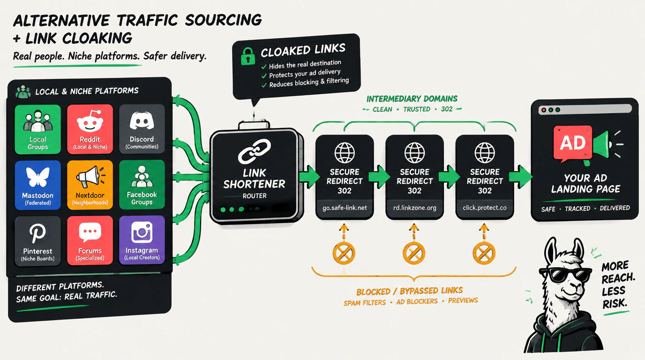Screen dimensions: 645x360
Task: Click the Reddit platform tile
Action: [90, 129]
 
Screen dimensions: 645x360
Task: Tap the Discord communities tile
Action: [142, 129]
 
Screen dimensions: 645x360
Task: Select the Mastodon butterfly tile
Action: [37, 185]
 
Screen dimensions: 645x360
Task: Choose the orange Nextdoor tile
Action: [90, 185]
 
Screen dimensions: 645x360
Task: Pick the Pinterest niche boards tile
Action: [37, 241]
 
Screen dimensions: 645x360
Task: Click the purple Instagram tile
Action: [142, 240]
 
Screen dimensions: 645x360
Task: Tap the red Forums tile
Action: [90, 240]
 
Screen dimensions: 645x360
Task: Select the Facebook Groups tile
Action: [142, 184]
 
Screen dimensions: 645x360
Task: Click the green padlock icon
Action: [247, 56]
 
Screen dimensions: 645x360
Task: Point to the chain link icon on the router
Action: [254, 151]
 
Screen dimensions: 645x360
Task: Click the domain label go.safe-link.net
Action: [345, 208]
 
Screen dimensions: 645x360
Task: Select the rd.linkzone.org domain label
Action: [415, 208]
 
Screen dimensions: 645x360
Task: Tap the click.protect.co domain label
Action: [485, 208]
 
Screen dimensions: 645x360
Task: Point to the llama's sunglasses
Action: [565, 275]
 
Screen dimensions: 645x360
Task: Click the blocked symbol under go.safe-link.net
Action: [344, 253]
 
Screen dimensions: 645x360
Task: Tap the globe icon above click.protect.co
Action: [485, 153]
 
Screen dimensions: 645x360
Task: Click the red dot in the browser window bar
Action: [544, 110]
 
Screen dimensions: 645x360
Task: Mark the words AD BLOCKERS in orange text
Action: [417, 301]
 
